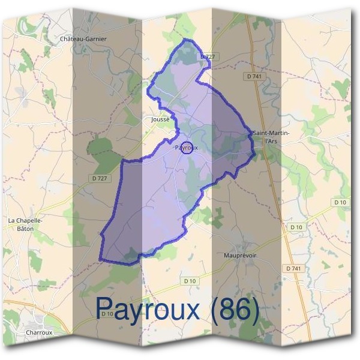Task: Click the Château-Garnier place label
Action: pyautogui.click(x=83, y=39)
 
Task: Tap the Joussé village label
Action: pyautogui.click(x=161, y=119)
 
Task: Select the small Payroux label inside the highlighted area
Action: pyautogui.click(x=182, y=148)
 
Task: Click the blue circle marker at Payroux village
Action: pyautogui.click(x=187, y=148)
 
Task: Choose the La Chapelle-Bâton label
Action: pyautogui.click(x=25, y=224)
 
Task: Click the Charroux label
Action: pyautogui.click(x=40, y=332)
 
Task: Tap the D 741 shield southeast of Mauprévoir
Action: pyautogui.click(x=293, y=268)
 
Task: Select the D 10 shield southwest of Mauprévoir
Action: pyautogui.click(x=190, y=281)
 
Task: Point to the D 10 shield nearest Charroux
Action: pyautogui.click(x=107, y=314)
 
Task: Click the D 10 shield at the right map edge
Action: pyautogui.click(x=341, y=202)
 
